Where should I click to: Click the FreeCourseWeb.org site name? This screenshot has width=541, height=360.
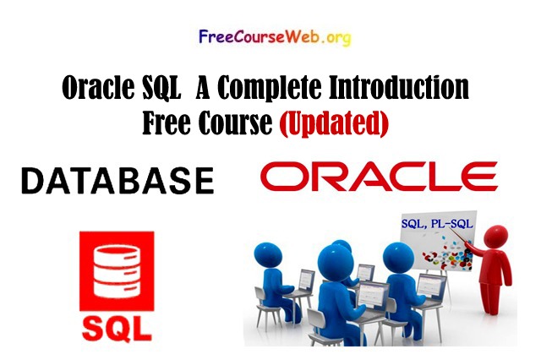[x=274, y=37]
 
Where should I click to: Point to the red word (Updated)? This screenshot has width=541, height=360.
[x=333, y=123]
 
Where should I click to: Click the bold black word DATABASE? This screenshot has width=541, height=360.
[x=117, y=180]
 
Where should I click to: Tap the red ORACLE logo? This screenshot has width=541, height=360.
[x=378, y=177]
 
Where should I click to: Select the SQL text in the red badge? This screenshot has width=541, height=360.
[x=116, y=325]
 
